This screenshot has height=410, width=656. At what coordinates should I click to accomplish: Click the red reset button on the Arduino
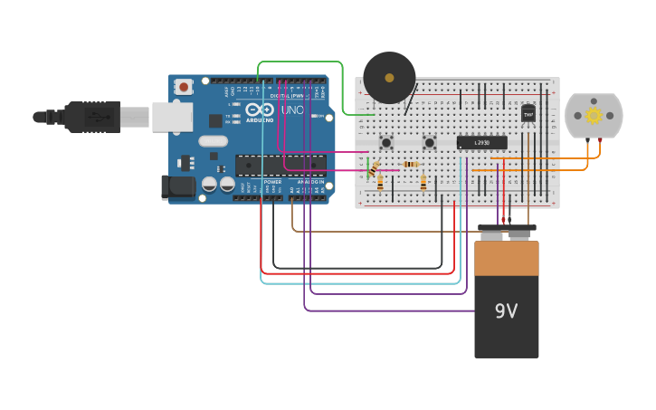pos(184,87)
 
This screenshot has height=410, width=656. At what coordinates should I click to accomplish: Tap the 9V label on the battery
pos(506,311)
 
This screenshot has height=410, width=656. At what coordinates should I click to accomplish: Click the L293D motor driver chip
pos(481,142)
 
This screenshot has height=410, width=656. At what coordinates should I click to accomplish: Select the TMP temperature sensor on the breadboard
pos(528,113)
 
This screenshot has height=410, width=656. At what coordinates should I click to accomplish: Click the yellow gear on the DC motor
pos(594,115)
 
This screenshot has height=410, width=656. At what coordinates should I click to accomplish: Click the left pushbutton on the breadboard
pos(386,142)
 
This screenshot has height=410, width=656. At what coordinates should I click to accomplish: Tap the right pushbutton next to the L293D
pos(430,142)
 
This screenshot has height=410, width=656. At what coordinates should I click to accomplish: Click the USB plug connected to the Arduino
pos(90,117)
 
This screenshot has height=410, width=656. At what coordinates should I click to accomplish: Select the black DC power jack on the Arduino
pos(178,187)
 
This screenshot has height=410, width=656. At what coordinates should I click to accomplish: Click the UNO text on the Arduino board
pos(292,110)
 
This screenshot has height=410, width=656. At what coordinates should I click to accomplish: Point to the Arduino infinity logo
pos(259,110)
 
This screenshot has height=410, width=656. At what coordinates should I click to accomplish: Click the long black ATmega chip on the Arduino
pos(280,165)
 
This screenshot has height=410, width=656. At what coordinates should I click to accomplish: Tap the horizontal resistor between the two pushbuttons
pos(410,164)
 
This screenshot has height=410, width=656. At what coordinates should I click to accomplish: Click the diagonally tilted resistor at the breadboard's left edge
pos(373,168)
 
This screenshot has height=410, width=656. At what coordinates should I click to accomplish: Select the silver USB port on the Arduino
pos(171,117)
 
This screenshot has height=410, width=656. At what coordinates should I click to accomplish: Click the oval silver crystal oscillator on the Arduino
pos(214,141)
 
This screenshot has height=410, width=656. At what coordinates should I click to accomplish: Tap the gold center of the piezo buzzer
pos(389,78)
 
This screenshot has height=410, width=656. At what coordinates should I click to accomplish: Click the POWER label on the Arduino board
pos(272,182)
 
